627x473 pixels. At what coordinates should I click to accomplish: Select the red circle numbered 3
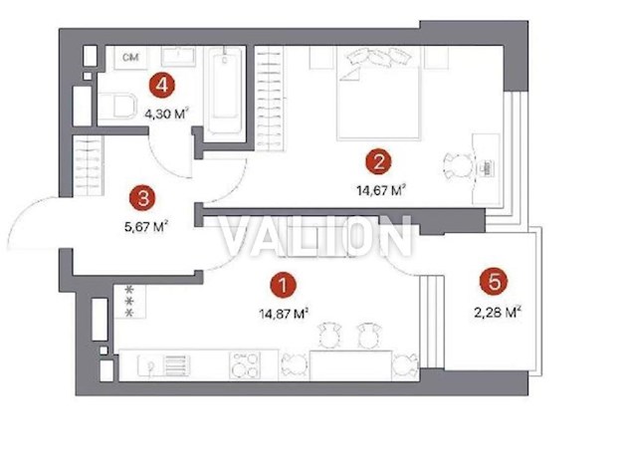(x=144, y=197)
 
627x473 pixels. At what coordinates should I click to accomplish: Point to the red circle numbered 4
(x=157, y=85)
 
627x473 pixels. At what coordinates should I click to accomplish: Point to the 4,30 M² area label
(x=166, y=112)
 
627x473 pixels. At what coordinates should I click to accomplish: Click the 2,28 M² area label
(x=500, y=310)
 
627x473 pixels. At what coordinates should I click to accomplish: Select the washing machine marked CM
(x=129, y=59)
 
